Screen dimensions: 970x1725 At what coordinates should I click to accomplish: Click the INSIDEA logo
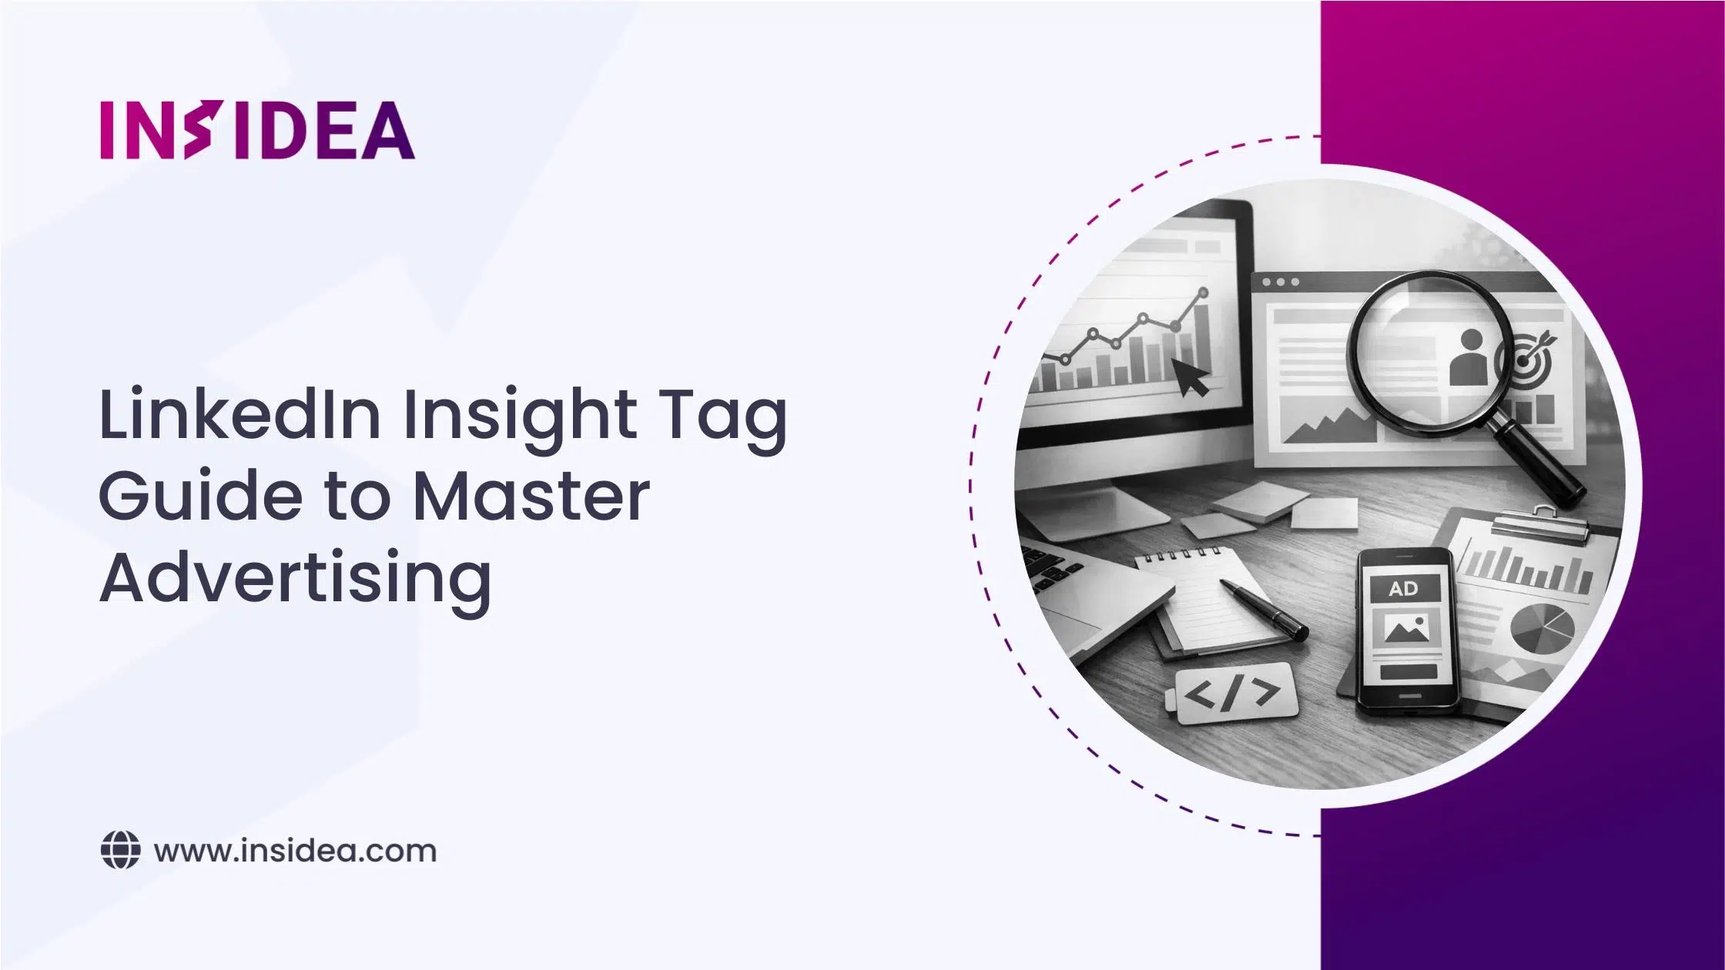[257, 130]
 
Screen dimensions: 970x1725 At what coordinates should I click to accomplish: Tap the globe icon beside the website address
[120, 851]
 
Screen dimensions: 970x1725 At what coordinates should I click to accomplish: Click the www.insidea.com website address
[295, 851]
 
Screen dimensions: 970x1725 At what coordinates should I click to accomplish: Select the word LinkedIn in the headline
[239, 415]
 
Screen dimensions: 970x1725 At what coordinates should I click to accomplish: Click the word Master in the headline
[531, 497]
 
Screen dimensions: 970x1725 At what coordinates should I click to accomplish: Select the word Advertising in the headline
[295, 579]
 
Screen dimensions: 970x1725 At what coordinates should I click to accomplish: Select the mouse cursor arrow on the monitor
[1190, 376]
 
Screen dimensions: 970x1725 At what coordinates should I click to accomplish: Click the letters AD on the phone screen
[1403, 590]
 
